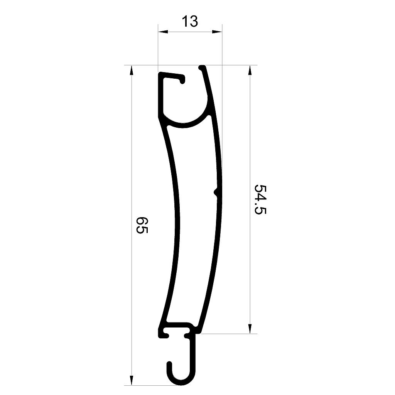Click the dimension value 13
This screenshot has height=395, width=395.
click(x=190, y=22)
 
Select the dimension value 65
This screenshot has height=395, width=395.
click(x=142, y=225)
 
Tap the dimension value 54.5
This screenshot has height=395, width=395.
click(x=261, y=199)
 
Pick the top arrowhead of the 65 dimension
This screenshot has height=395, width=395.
click(x=132, y=69)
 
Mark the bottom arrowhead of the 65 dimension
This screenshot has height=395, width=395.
click(x=132, y=381)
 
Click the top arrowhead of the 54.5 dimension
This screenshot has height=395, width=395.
click(x=250, y=69)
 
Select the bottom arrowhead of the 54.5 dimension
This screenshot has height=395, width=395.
click(x=250, y=329)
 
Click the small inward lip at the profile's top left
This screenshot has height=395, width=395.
click(x=182, y=80)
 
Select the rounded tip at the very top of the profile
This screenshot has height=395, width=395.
click(x=202, y=68)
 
